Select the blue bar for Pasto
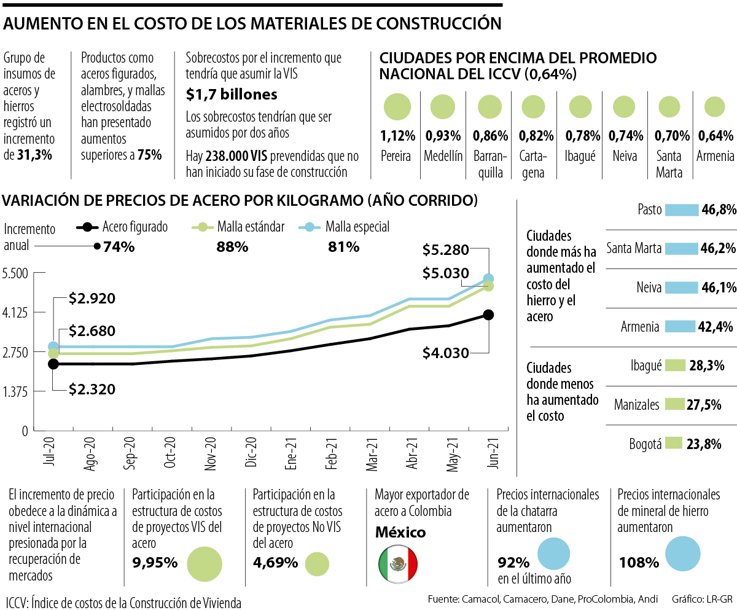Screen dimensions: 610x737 pyautogui.click(x=682, y=210)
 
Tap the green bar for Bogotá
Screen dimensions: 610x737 pyautogui.click(x=674, y=443)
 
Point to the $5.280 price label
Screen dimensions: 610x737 pyautogui.click(x=446, y=249)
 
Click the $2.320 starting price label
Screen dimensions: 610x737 pyautogui.click(x=92, y=389)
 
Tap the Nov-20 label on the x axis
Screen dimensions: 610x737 pyautogui.click(x=210, y=455)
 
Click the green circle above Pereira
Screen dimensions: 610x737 pyautogui.click(x=397, y=107)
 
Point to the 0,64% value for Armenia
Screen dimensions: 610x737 pyautogui.click(x=715, y=136)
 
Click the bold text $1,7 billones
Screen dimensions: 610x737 pyautogui.click(x=232, y=95)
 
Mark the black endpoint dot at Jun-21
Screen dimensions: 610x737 pyautogui.click(x=489, y=315)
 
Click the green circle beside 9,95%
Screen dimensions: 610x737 pyautogui.click(x=204, y=563)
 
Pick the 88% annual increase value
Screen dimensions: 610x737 pyautogui.click(x=232, y=247)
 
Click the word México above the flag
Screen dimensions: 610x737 pyautogui.click(x=400, y=532)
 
